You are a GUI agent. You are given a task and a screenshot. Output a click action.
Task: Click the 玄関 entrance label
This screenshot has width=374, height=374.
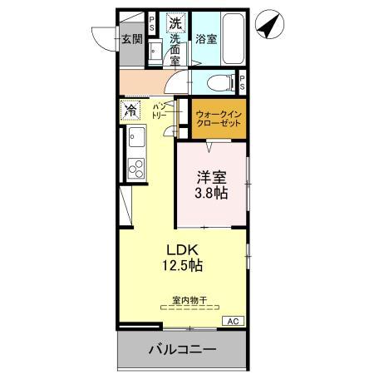(x=131, y=38)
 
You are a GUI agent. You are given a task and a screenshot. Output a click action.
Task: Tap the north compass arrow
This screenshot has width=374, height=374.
(x=267, y=27)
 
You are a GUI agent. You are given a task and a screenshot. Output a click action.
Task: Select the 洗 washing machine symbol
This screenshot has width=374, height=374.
(x=175, y=23)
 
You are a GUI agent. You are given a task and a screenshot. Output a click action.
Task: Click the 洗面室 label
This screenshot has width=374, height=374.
(x=175, y=48)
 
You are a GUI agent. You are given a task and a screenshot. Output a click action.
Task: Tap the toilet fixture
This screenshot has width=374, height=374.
(x=214, y=82)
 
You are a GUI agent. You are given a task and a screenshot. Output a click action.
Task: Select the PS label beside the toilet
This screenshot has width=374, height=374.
(x=242, y=82)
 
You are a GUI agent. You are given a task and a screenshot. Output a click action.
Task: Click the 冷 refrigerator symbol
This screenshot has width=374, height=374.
(x=130, y=110)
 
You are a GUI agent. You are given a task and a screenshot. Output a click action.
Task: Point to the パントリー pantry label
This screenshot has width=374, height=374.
(x=160, y=110)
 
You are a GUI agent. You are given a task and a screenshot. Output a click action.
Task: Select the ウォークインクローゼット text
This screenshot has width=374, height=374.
(x=219, y=117)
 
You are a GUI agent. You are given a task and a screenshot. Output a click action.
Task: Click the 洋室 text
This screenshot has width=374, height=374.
(x=211, y=176)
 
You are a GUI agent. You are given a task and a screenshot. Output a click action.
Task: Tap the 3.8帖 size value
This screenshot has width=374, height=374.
(x=211, y=193)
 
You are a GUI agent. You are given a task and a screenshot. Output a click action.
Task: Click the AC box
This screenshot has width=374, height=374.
(x=232, y=320)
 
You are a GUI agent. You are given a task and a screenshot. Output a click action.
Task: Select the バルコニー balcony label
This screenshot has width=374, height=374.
(x=182, y=350)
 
